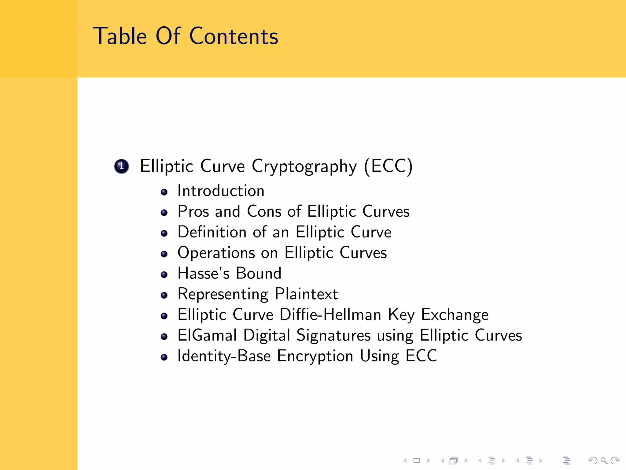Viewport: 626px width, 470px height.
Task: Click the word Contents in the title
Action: coord(234,36)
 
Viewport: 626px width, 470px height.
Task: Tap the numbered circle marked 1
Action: coord(122,166)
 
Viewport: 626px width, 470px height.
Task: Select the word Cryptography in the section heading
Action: coord(304,167)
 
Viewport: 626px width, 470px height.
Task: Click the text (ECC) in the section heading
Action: coord(388,166)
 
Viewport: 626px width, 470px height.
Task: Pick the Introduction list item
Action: coord(221,191)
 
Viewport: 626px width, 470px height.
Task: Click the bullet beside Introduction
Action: coord(164,192)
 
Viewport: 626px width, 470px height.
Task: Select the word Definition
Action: coord(212,232)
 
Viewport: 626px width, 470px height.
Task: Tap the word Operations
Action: coord(216,253)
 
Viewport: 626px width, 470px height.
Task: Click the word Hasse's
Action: coord(203,273)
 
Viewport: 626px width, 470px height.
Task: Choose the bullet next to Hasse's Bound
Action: coord(164,274)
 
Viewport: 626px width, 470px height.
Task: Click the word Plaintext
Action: coord(306,294)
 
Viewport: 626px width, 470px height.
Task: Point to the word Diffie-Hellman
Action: coord(330,315)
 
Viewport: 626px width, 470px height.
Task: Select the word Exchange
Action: coord(455,315)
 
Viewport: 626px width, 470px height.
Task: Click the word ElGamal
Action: coord(207,335)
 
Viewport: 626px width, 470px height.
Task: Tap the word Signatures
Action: coord(333,336)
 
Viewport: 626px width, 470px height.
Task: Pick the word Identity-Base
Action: coord(224,356)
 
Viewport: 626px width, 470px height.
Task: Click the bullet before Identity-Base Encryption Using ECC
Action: coord(164,357)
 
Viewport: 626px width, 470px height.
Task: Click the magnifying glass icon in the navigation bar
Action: coord(604,461)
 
